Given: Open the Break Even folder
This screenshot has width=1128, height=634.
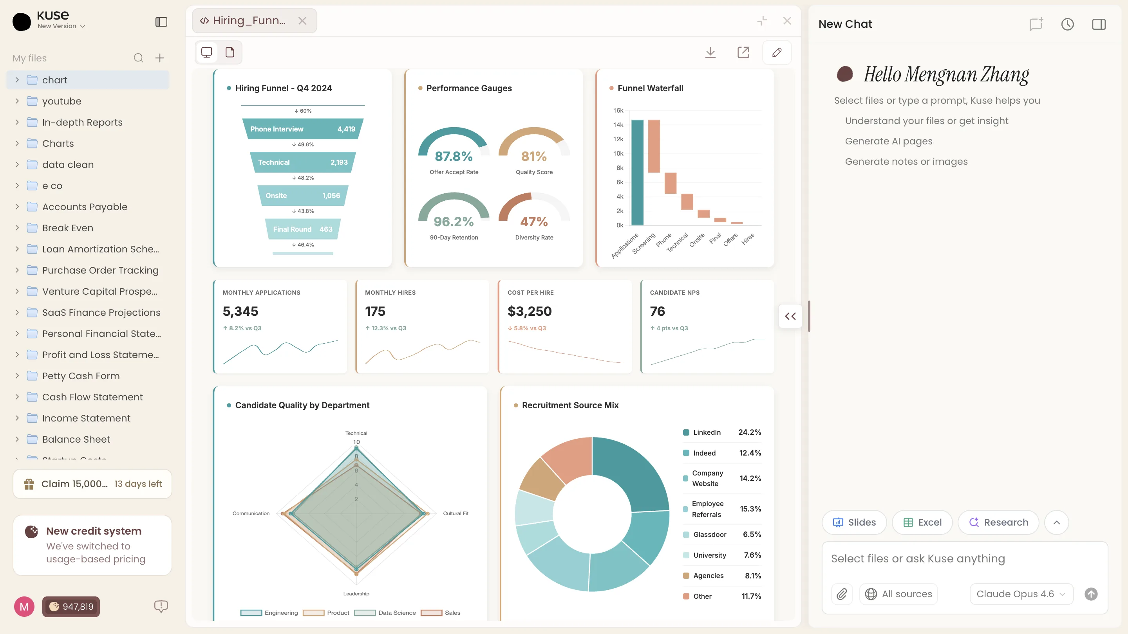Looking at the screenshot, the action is pyautogui.click(x=67, y=228).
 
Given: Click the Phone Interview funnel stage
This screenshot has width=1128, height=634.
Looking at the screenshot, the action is pyautogui.click(x=303, y=129).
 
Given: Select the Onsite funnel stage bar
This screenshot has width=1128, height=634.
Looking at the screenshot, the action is pyautogui.click(x=303, y=196).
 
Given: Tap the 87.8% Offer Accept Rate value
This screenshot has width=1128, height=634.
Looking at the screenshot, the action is pyautogui.click(x=454, y=156).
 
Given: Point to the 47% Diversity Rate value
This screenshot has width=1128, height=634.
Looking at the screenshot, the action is pyautogui.click(x=534, y=222).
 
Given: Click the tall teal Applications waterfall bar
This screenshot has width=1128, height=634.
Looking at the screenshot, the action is pyautogui.click(x=637, y=172).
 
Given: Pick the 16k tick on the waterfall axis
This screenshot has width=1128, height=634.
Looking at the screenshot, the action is pyautogui.click(x=618, y=110).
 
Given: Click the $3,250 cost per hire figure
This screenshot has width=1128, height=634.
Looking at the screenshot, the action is pyautogui.click(x=530, y=311).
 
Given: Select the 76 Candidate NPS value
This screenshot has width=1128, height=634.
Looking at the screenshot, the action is pyautogui.click(x=657, y=311).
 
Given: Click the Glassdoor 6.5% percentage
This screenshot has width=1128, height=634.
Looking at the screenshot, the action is pyautogui.click(x=752, y=534).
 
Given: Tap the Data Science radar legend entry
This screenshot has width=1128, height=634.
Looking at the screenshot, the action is pyautogui.click(x=385, y=612).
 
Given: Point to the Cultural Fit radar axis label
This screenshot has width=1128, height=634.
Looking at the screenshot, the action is pyautogui.click(x=456, y=513).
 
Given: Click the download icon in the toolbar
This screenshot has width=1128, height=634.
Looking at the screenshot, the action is pyautogui.click(x=710, y=52).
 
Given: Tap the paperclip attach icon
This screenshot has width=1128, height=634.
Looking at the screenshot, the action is pyautogui.click(x=842, y=594).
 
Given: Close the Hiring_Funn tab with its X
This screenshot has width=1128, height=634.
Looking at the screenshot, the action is pyautogui.click(x=302, y=21).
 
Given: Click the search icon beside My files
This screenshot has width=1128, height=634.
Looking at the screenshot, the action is pyautogui.click(x=138, y=58).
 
